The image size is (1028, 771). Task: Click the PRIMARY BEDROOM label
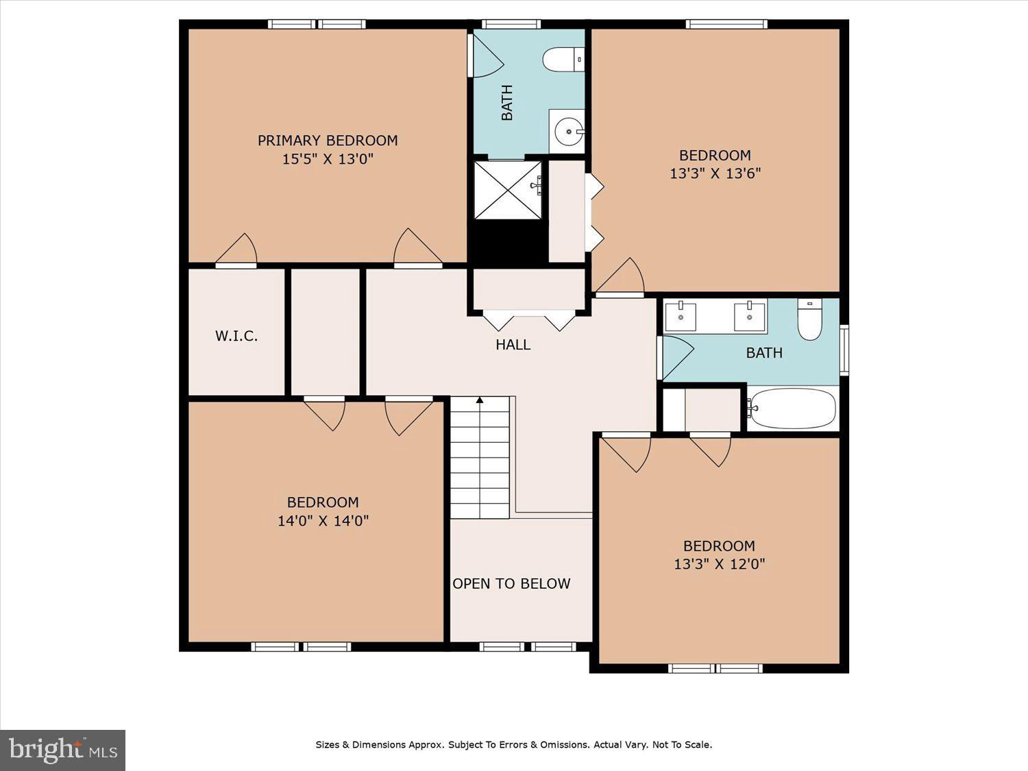coord(328,140)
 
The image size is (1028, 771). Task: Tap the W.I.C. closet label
coord(236,336)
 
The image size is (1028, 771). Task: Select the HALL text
coord(513,345)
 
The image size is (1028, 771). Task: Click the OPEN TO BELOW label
coord(511,583)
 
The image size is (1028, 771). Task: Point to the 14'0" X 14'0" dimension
coord(323,521)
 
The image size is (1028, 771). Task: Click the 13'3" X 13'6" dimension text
coord(715,173)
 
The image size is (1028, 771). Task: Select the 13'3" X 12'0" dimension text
coord(719,563)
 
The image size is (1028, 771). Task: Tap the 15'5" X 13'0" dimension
coord(328,159)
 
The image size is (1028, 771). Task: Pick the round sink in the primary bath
coord(567,132)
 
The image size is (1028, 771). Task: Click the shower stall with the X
coord(508,190)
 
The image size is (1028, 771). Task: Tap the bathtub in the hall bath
coord(792,408)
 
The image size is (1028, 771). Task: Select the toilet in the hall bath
coord(810,319)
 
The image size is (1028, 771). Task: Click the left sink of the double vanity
coord(681,317)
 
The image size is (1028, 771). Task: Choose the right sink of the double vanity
coord(750,317)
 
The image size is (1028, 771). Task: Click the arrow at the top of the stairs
coord(480,400)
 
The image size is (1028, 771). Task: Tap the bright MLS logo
coord(63,750)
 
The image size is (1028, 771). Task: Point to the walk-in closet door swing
coord(236,249)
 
